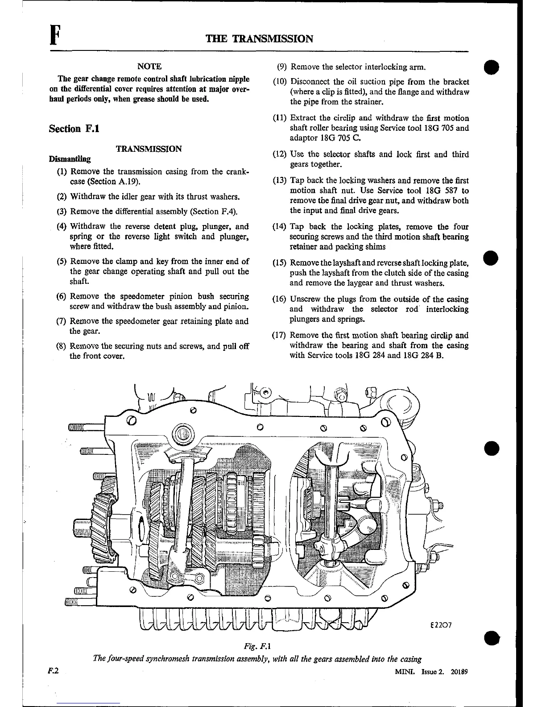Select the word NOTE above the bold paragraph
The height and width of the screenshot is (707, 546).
[x=149, y=67]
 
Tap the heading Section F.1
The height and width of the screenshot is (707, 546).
[x=74, y=129]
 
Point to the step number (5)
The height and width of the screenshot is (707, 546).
[x=62, y=262]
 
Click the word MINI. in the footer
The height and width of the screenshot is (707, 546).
[x=403, y=672]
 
